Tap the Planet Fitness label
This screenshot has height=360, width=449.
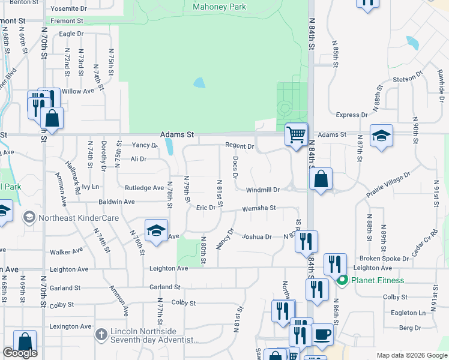point(378,280)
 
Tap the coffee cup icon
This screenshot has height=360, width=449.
point(322,334)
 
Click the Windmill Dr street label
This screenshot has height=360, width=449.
point(263,190)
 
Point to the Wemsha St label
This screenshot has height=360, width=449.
point(259,209)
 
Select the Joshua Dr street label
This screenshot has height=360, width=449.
point(256,237)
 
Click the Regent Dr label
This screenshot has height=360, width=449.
point(240,146)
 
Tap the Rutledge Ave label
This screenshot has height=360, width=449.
point(144,188)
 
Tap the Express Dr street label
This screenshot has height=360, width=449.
point(352,115)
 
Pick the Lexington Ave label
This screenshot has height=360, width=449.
point(71,326)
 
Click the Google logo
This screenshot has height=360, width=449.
point(20,353)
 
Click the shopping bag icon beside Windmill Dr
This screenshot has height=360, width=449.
point(321,179)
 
